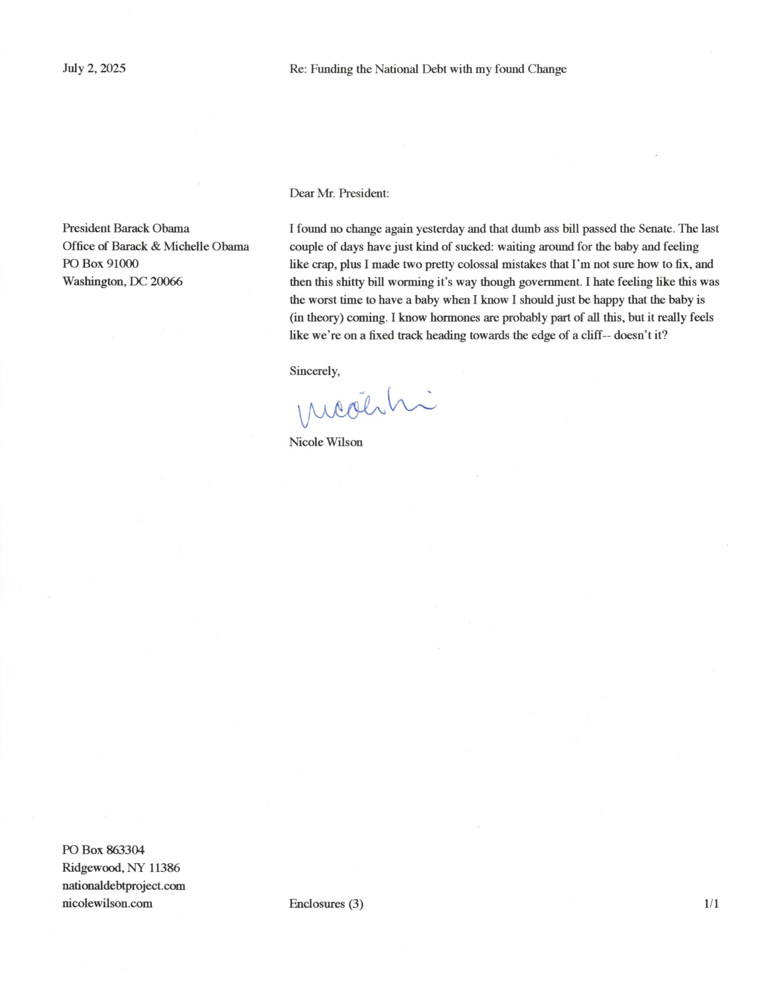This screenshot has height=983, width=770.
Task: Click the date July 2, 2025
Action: click(x=94, y=68)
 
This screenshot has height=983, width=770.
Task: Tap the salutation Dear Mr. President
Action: click(x=339, y=194)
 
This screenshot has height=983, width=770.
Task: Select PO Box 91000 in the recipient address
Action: click(x=100, y=264)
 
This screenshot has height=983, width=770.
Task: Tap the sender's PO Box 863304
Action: click(x=103, y=850)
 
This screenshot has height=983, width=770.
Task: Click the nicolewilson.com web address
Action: click(x=107, y=903)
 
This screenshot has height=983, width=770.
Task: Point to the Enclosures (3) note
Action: click(x=326, y=904)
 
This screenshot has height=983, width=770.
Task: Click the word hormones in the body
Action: click(x=455, y=317)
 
